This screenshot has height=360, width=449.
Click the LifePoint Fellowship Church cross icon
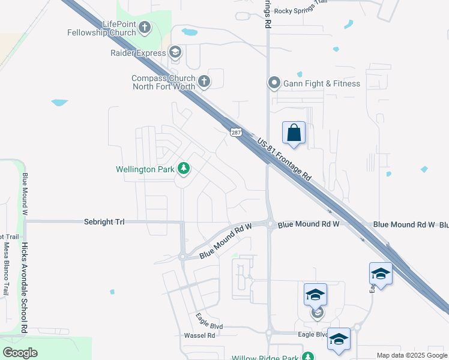(146, 28)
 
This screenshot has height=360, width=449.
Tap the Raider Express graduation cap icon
(175, 52)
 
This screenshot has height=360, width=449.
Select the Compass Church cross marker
(204, 82)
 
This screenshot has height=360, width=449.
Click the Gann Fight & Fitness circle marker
(274, 83)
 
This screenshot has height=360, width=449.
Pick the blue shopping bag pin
(294, 133)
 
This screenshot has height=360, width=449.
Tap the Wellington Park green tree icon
(183, 169)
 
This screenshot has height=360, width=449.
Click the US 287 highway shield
(234, 133)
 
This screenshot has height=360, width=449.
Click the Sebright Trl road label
(104, 222)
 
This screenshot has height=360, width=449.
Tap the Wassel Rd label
(199, 335)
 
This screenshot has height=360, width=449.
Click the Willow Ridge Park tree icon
(308, 356)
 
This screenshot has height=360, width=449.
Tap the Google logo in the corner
(20, 353)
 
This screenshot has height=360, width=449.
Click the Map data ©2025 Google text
(412, 355)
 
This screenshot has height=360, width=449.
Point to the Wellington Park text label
(145, 170)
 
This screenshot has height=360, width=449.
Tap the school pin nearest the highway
(381, 274)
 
